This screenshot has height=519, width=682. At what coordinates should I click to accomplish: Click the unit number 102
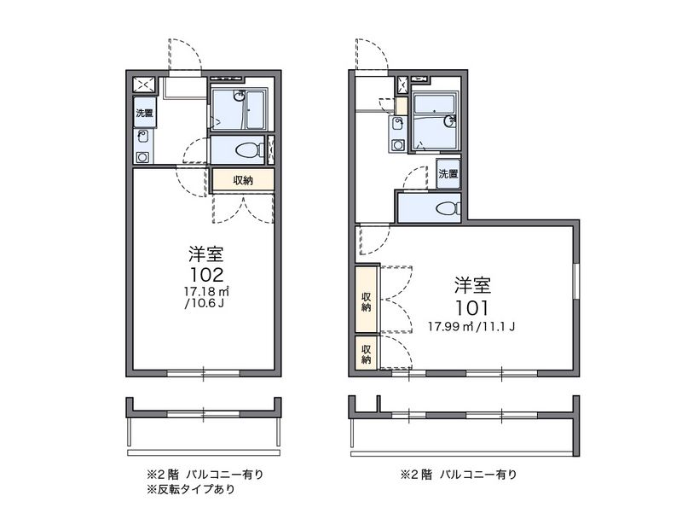point(206,274)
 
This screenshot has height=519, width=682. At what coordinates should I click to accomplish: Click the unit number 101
point(472,308)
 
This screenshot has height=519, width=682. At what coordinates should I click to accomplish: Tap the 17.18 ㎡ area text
point(206,290)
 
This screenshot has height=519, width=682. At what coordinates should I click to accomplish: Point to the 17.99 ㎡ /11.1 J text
point(471,326)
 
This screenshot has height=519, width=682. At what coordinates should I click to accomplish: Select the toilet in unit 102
point(250,150)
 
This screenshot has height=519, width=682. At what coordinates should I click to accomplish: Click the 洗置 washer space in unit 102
point(144,113)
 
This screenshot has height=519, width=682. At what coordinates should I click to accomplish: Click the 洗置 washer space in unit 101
point(448,174)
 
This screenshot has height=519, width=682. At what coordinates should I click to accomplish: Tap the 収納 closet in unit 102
point(243,180)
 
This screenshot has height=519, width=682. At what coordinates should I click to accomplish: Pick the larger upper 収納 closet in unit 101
point(366,299)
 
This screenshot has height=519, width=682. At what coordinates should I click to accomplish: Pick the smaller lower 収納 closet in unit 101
point(366,353)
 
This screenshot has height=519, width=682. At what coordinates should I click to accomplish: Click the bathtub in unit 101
point(434,103)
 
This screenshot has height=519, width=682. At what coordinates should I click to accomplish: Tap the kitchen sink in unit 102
point(142,137)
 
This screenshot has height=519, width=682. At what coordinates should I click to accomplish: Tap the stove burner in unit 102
point(142,157)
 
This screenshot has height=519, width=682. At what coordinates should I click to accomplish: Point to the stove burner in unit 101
point(397,144)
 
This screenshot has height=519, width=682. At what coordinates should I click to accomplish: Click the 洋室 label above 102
point(206,254)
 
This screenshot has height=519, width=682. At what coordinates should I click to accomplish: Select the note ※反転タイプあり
point(190,489)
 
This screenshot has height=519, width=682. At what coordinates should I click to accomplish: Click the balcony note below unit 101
point(459,474)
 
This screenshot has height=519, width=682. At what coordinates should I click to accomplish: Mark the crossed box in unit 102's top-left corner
point(144,84)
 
